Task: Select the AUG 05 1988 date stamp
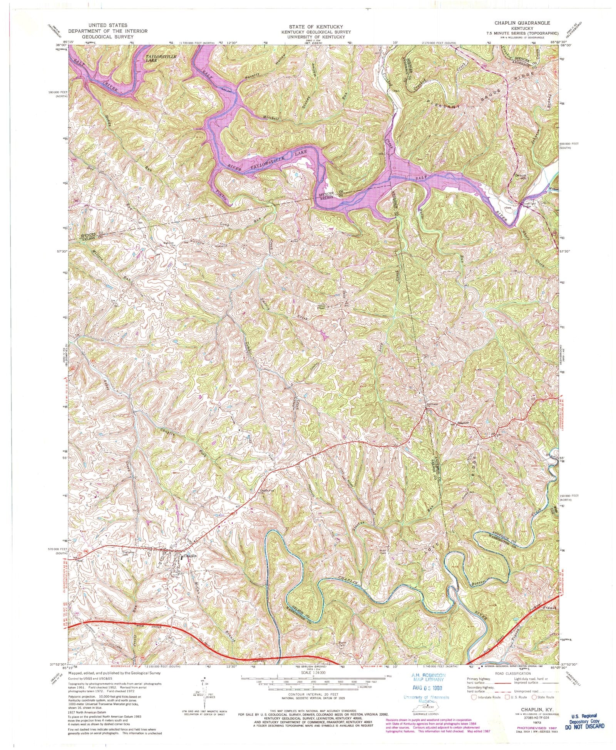(x=426, y=688)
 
